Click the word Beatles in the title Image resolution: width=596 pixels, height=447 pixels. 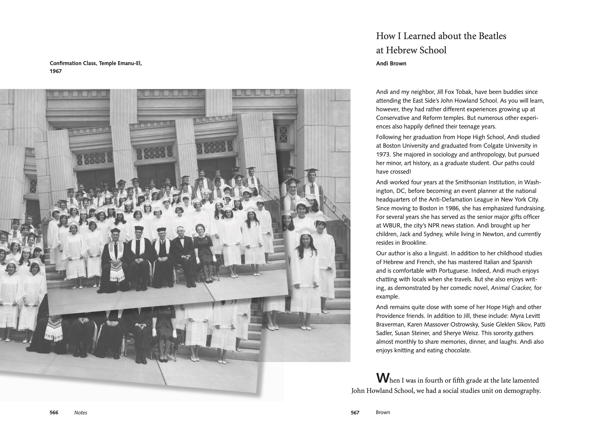point(492,36)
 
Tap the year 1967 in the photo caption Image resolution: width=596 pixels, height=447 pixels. point(56,71)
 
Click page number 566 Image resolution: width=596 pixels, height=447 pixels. point(54,413)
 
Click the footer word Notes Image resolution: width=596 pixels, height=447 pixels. point(81,413)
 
